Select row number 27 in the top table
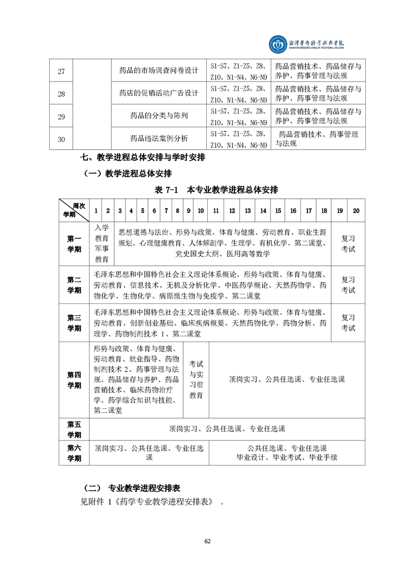tap(61, 71)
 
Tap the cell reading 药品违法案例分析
tap(159, 139)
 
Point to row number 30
tap(61, 139)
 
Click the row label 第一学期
tap(74, 244)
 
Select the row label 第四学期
tap(74, 380)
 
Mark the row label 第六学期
tap(74, 453)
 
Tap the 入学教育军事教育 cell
tap(102, 244)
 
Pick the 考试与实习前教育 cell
tap(196, 379)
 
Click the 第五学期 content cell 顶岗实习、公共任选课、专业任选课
tap(227, 429)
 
